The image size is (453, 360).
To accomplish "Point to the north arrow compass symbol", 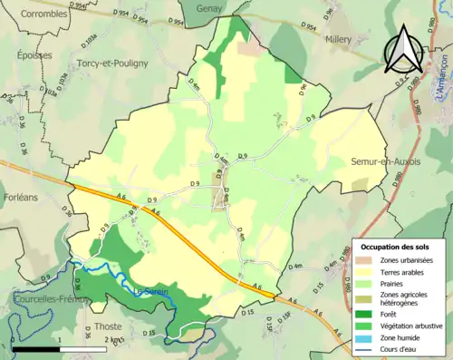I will pyautogui.click(x=403, y=50).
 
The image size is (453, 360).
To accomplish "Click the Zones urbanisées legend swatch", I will pyautogui.click(x=367, y=260).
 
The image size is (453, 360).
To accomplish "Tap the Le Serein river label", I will pyautogui.click(x=151, y=290).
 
